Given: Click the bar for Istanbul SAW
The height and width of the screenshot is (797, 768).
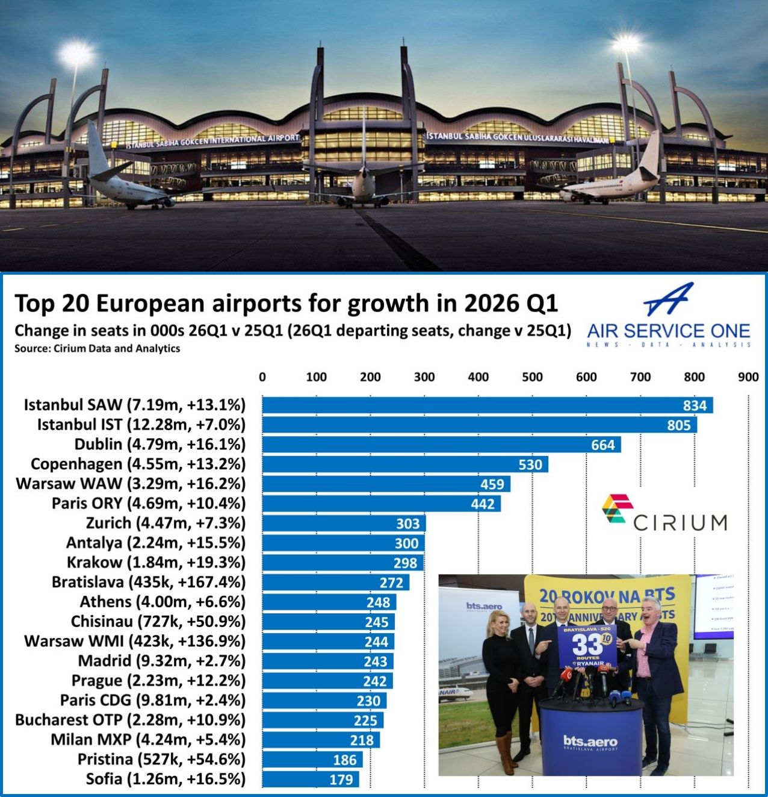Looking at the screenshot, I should coord(488,405).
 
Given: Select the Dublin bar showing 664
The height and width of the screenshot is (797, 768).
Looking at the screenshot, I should coord(441,445).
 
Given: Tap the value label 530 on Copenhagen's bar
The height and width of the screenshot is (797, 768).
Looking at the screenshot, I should coord(530,464).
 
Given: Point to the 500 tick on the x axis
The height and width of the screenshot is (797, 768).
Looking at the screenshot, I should coord(532,377).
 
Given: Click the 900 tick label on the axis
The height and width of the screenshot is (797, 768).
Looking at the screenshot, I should coord(748,377).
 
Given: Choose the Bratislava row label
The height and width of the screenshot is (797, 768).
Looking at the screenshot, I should coord(149,582).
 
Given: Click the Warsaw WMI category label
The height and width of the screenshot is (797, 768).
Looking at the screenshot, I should coord(135,641).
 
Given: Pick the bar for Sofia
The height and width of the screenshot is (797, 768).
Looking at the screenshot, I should coord(311,780).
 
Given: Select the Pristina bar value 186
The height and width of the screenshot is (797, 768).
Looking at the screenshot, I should coord(345,760).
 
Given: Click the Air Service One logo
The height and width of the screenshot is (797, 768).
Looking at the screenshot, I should coord(668,316).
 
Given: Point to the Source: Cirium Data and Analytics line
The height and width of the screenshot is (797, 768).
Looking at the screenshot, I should coord(97,348).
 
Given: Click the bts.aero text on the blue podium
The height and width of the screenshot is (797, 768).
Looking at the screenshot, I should coord(589,742).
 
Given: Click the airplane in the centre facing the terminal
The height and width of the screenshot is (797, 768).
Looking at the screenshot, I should coord(364,184).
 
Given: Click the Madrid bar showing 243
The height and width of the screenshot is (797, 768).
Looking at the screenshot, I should coord(327,661).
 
